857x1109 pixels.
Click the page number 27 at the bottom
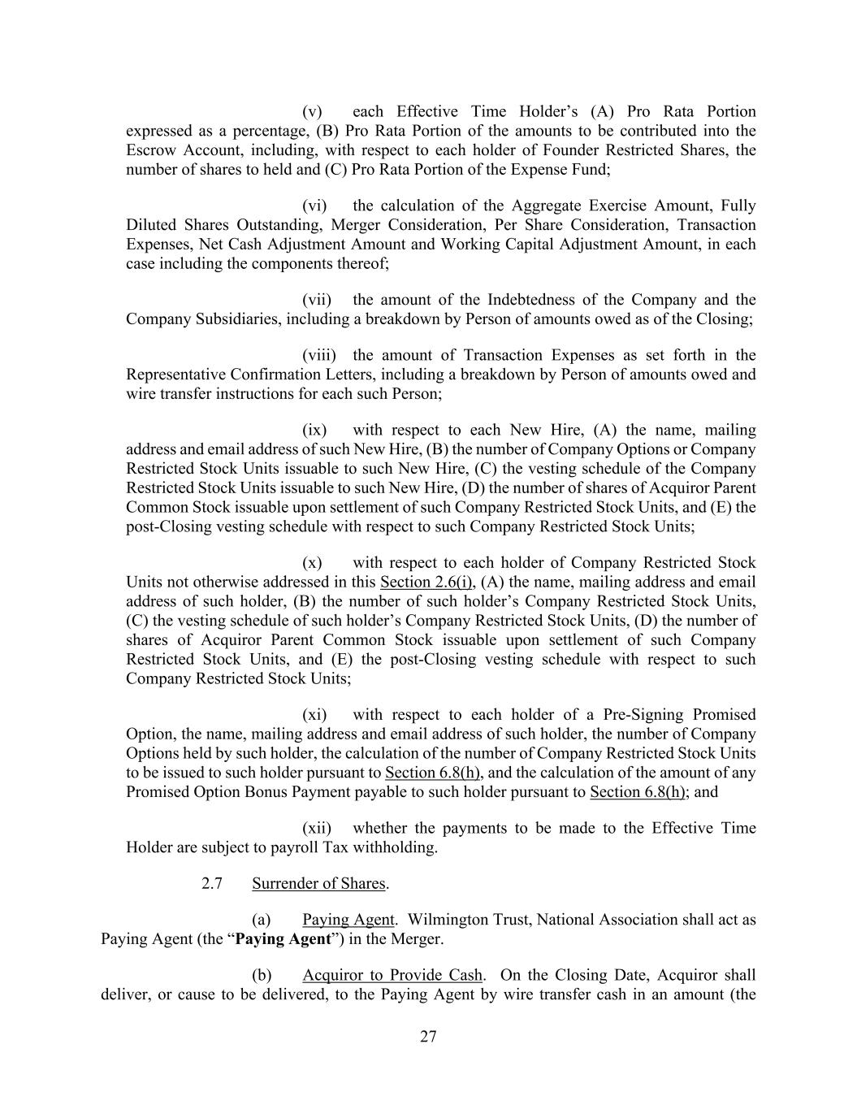click(429, 1036)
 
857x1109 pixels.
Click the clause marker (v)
click(312, 111)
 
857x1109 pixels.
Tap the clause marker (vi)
click(314, 206)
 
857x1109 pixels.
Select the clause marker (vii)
click(316, 300)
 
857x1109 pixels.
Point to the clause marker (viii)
click(318, 355)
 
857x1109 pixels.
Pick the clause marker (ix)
click(314, 430)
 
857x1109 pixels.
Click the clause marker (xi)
click(314, 715)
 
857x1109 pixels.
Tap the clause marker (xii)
click(316, 829)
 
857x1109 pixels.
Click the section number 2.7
click(212, 884)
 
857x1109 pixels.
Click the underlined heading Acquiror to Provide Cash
click(392, 975)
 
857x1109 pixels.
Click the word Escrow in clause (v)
click(151, 150)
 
